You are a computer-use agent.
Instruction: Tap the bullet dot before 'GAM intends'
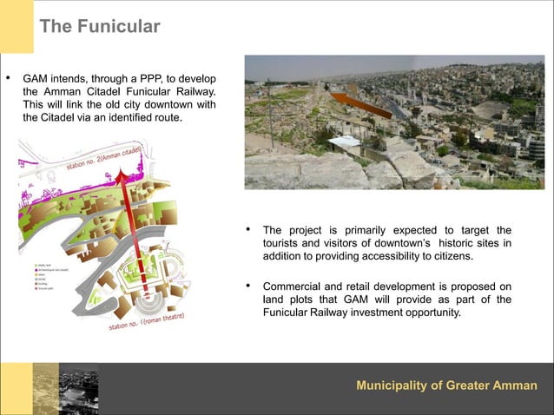(x=10, y=77)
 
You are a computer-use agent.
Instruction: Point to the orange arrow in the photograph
(x=361, y=103)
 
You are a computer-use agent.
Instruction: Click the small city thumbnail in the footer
(x=65, y=389)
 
